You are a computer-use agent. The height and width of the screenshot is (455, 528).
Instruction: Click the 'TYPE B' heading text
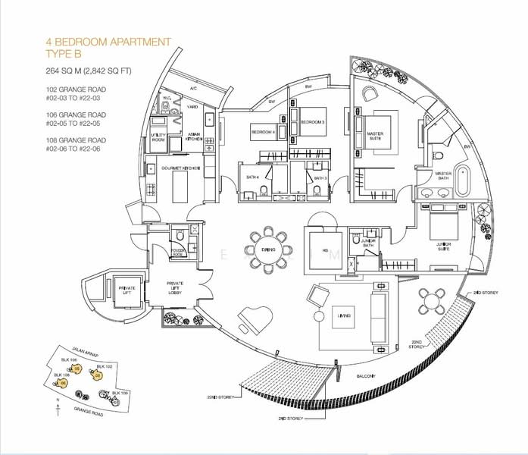tap(68, 53)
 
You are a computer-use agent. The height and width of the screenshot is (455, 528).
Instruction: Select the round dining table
tap(267, 248)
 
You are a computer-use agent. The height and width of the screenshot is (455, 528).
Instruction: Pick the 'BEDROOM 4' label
tap(262, 131)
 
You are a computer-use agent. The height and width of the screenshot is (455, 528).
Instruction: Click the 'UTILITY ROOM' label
tap(158, 137)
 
